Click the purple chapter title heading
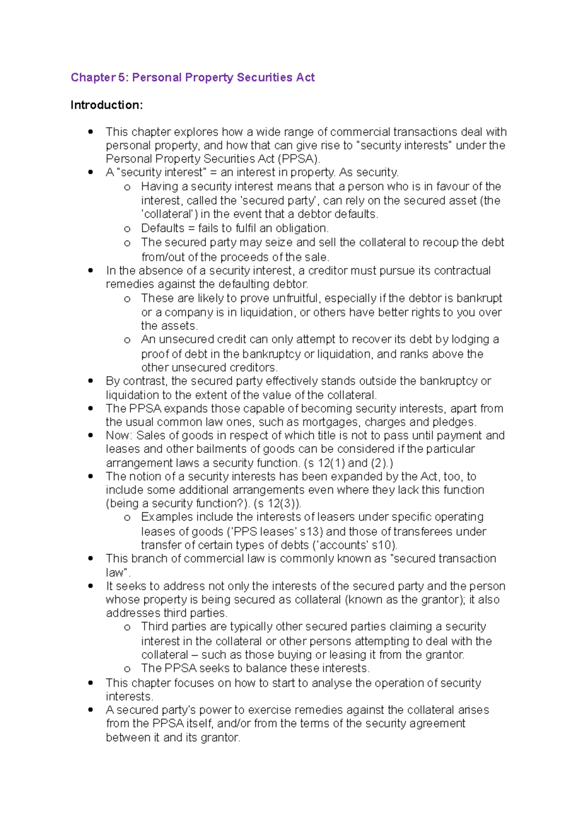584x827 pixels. [193, 77]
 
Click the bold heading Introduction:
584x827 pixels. [107, 105]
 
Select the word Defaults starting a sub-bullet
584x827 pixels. [163, 228]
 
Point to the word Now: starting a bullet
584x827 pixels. [119, 436]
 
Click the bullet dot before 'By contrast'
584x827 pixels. [91, 381]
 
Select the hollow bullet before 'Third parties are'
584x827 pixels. [127, 628]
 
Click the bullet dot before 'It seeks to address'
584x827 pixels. [91, 586]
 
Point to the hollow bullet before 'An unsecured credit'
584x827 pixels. [127, 340]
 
